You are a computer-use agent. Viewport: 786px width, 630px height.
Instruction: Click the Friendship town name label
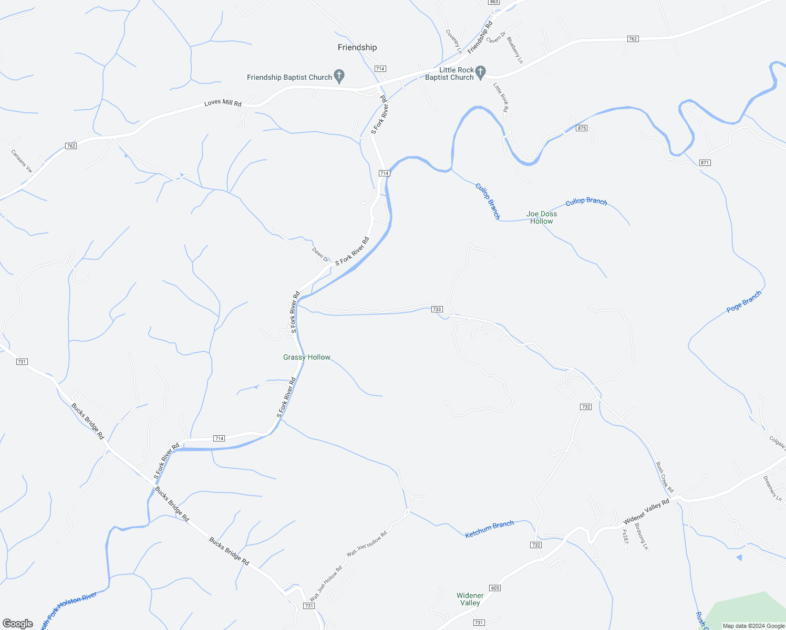coord(357,47)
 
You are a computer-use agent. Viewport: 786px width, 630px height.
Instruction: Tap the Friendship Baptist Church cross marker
coord(339,77)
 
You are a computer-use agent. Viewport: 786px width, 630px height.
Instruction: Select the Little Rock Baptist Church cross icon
coord(480,71)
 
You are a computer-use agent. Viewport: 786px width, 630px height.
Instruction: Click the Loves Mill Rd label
coord(223,103)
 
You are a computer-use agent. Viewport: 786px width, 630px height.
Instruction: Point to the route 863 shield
coord(493,2)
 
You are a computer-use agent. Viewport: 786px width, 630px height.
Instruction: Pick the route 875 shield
coord(581,128)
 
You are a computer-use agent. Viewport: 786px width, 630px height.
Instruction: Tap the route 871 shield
coord(705,163)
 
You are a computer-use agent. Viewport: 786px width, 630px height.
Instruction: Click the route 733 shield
coord(437,309)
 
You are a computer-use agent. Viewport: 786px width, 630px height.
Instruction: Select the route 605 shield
coord(494,587)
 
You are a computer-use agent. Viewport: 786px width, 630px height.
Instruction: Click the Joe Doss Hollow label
coord(542,217)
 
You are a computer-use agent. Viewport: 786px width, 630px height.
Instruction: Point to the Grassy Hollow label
coord(307,357)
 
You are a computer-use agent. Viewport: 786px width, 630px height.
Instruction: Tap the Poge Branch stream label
coord(743,302)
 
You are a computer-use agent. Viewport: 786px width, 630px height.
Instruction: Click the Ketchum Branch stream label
coord(489,529)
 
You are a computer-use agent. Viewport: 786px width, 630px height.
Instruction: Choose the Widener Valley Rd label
coord(646,511)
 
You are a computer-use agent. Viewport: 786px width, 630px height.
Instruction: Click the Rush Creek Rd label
coord(665,477)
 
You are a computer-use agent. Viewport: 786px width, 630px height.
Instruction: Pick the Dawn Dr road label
coord(320,255)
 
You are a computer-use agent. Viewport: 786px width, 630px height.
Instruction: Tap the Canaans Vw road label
coord(22,161)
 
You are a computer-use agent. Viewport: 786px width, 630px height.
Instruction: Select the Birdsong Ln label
coord(642,536)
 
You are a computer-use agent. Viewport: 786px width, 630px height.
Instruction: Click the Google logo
coord(18,624)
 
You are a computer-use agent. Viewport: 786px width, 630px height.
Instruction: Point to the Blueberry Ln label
coord(515,50)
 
